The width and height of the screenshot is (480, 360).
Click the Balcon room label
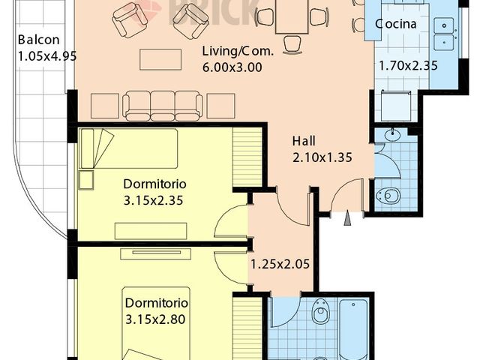[x=36, y=39]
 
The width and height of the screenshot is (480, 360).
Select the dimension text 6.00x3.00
[x=232, y=66]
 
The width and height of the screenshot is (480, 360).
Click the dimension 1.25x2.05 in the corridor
[x=280, y=263]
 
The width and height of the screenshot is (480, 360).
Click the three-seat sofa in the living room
[x=163, y=105]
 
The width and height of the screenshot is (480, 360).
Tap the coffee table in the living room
[x=160, y=59]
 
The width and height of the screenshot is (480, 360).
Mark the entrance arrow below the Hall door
[x=346, y=218]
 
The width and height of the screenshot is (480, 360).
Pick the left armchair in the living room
[x=129, y=19]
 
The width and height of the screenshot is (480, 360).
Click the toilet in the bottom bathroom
[x=320, y=310]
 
